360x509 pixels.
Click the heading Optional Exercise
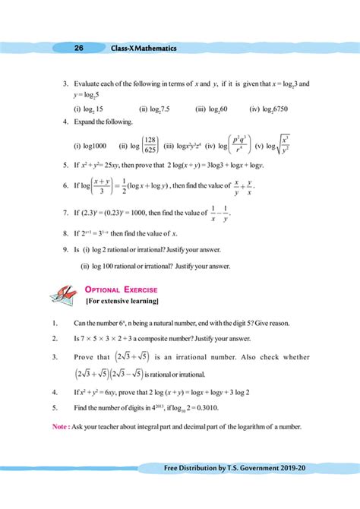[122, 289]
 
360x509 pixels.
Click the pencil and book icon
[62, 295]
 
